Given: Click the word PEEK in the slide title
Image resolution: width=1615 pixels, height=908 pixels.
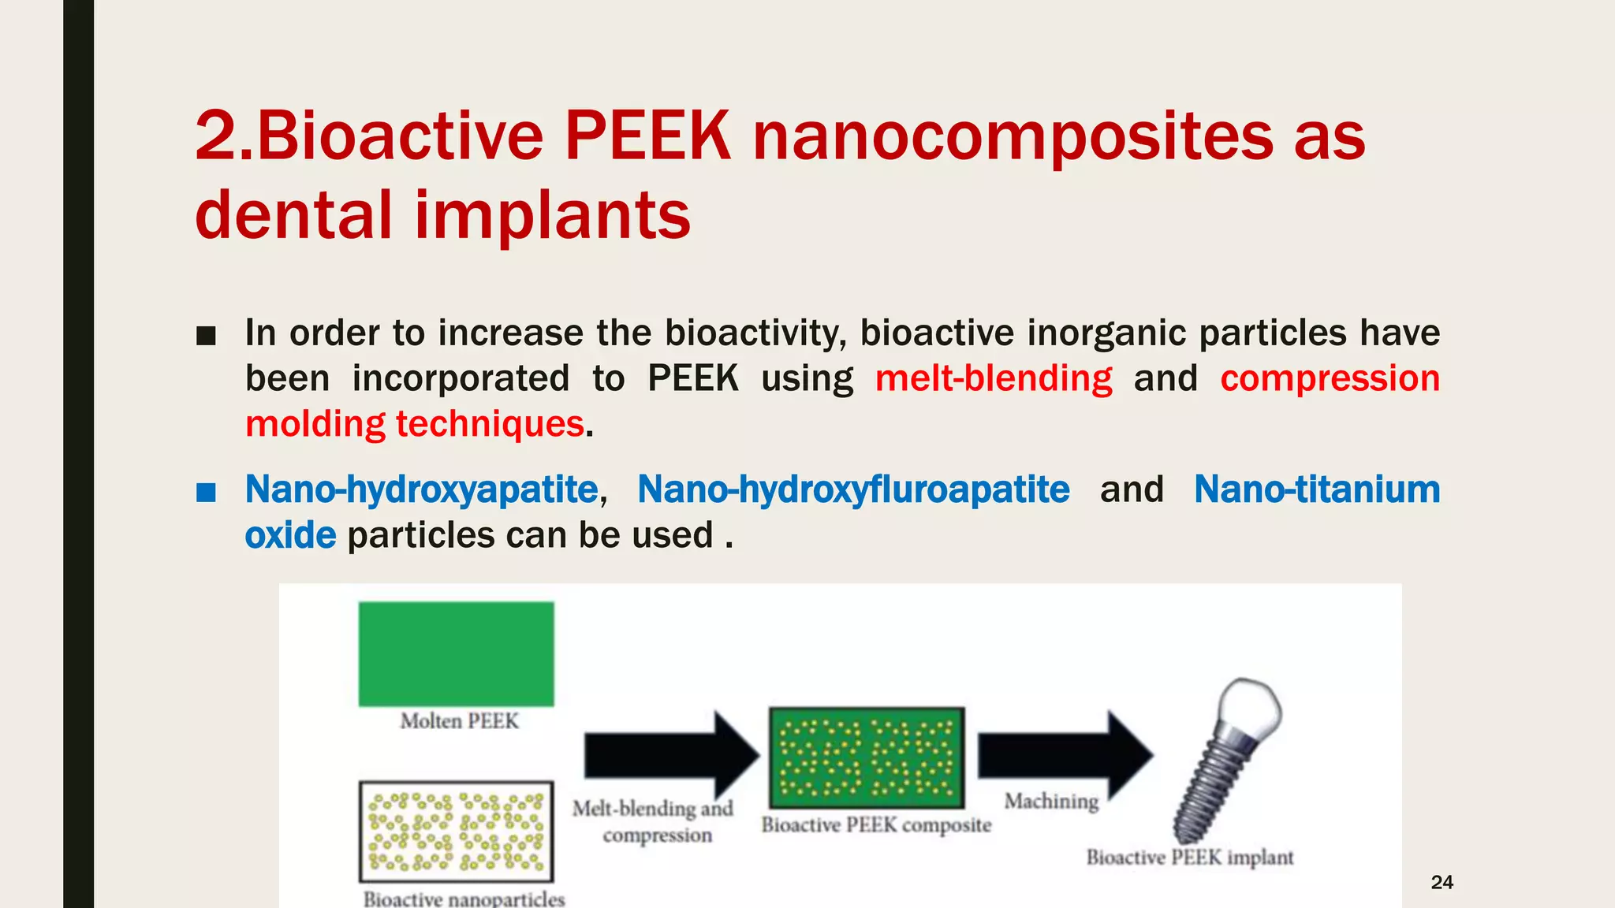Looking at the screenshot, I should point(647,137).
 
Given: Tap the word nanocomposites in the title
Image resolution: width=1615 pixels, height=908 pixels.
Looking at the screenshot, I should point(1013,137).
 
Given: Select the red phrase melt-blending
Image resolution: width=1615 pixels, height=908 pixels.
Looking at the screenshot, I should point(994,378).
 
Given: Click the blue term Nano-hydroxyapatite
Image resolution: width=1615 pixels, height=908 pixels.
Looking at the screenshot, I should point(422,489).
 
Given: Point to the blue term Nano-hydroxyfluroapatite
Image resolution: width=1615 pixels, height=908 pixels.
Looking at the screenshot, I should point(853,489).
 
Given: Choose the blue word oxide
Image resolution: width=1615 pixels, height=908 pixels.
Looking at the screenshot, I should point(290,535).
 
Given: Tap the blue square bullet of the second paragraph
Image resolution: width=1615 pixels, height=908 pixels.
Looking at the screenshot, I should point(206,493).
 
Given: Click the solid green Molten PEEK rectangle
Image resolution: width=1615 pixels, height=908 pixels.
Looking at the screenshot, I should point(456,653).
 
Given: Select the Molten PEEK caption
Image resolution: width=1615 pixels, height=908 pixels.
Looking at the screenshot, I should point(459,721).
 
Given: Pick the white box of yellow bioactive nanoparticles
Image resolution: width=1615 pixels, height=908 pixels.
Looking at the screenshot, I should point(456,832).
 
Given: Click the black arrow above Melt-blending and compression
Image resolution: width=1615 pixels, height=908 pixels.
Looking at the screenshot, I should point(670,755).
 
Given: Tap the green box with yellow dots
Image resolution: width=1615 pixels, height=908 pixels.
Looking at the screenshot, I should point(867,757).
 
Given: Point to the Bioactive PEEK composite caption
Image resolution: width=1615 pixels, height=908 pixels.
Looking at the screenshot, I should point(876,825).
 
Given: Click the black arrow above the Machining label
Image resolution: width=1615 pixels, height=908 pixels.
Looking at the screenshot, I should point(1065,755).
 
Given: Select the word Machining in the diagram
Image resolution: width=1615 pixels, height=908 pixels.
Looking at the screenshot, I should point(1051,801).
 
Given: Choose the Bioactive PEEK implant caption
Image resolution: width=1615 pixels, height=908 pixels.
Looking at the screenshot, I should point(1190,858).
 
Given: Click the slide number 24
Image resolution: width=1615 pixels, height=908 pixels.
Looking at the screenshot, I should point(1442,882).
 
